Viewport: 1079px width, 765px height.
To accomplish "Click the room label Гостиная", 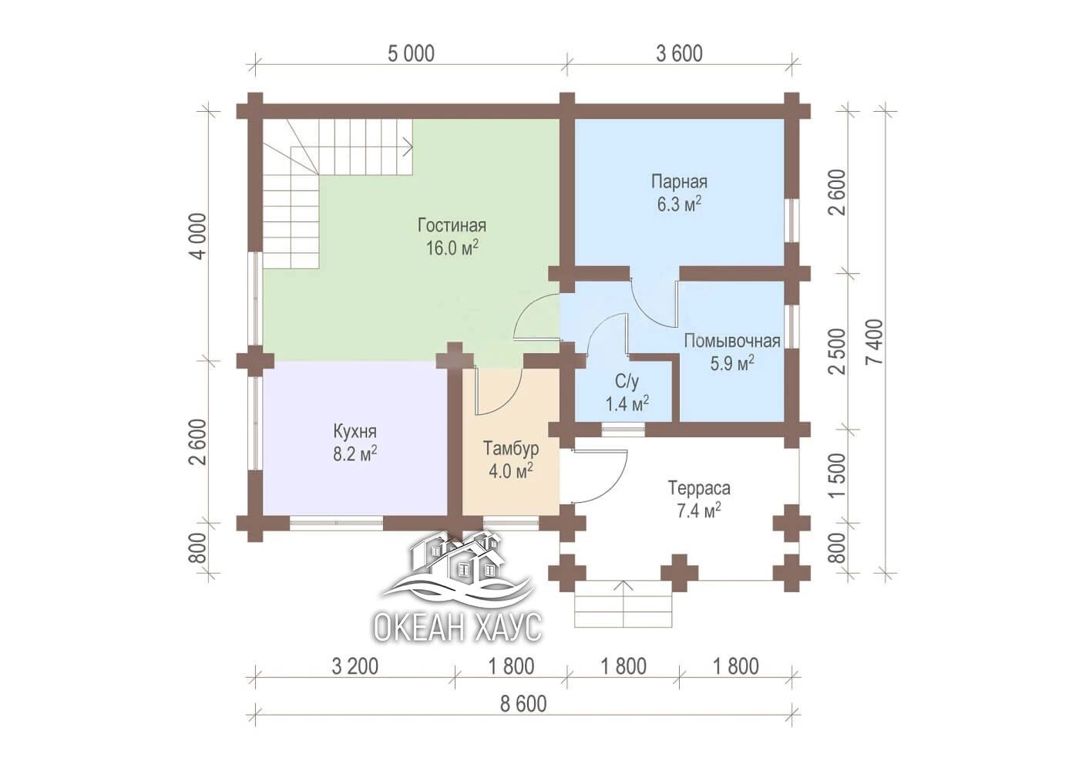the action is (x=452, y=226).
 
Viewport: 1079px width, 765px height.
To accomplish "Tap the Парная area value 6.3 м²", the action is (x=679, y=204).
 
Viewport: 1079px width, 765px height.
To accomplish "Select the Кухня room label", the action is (x=355, y=431).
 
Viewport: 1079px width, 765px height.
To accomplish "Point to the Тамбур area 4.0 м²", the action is (x=510, y=470).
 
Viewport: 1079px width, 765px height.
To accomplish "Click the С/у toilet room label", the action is (x=627, y=382).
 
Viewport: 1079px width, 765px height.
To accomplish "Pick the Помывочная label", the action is (x=732, y=341).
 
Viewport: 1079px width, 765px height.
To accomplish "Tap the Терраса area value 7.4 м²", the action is (x=699, y=510).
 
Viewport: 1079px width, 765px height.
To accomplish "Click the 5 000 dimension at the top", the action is (x=411, y=53).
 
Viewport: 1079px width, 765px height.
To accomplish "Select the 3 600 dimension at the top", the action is (x=679, y=53).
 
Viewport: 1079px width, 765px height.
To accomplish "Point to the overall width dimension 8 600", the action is (x=523, y=704).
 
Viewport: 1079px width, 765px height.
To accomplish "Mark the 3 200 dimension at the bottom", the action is (x=355, y=666).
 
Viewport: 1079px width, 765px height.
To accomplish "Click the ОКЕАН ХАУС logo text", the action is (x=457, y=627).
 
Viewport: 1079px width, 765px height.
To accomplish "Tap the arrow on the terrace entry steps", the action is (x=624, y=603).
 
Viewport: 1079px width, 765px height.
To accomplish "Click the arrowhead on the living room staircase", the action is (x=408, y=147).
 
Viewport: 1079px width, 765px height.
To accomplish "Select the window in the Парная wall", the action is (x=791, y=220).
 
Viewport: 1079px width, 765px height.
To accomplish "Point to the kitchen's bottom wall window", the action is (x=336, y=523).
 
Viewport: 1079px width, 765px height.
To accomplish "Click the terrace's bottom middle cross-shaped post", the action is (x=679, y=573).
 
